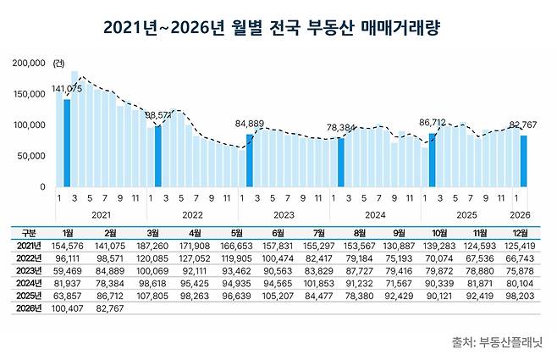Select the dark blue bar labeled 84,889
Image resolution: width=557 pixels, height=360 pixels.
point(250,160)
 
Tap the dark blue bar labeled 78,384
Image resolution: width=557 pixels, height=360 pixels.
point(341,162)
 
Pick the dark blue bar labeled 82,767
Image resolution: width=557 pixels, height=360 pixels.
point(524,161)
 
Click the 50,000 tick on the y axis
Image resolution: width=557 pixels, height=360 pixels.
point(32,156)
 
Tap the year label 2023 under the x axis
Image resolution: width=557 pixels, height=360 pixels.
point(284,215)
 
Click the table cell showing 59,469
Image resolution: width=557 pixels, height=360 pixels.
point(78,270)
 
